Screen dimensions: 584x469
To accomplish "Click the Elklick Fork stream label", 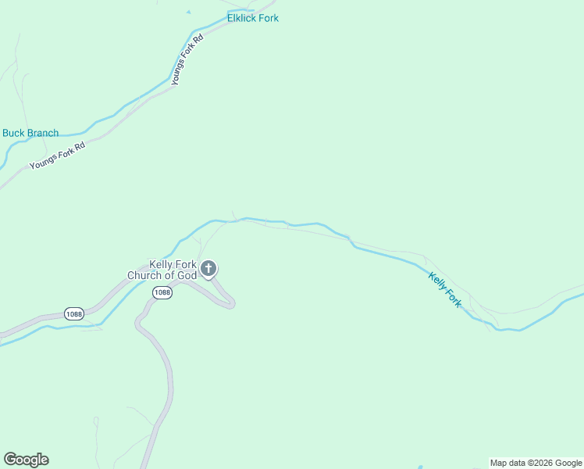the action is click(x=252, y=18).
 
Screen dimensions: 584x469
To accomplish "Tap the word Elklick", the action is click(x=240, y=18).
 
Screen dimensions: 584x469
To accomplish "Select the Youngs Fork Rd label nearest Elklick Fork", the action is click(x=187, y=59).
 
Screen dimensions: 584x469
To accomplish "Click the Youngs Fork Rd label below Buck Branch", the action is click(x=57, y=156).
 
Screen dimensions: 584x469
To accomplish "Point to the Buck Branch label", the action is click(x=30, y=133).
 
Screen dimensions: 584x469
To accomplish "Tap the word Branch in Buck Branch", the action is click(x=43, y=133).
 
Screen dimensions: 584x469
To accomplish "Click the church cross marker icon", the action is click(x=208, y=270).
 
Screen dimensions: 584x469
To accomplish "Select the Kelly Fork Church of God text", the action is click(x=162, y=270).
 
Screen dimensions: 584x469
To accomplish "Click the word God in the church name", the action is click(x=187, y=275).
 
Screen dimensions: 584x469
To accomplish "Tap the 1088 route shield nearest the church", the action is click(x=162, y=292).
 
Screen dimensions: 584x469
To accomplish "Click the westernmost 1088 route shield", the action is click(x=74, y=313).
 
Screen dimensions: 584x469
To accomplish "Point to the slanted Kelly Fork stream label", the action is click(x=445, y=289).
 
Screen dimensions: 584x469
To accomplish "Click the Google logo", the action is click(x=26, y=460).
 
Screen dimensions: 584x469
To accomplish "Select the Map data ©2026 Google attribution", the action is click(x=536, y=463).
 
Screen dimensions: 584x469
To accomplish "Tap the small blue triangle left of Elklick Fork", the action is click(x=187, y=12).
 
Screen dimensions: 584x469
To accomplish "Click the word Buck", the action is click(x=14, y=133).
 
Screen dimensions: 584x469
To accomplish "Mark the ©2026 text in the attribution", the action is click(x=540, y=463).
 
